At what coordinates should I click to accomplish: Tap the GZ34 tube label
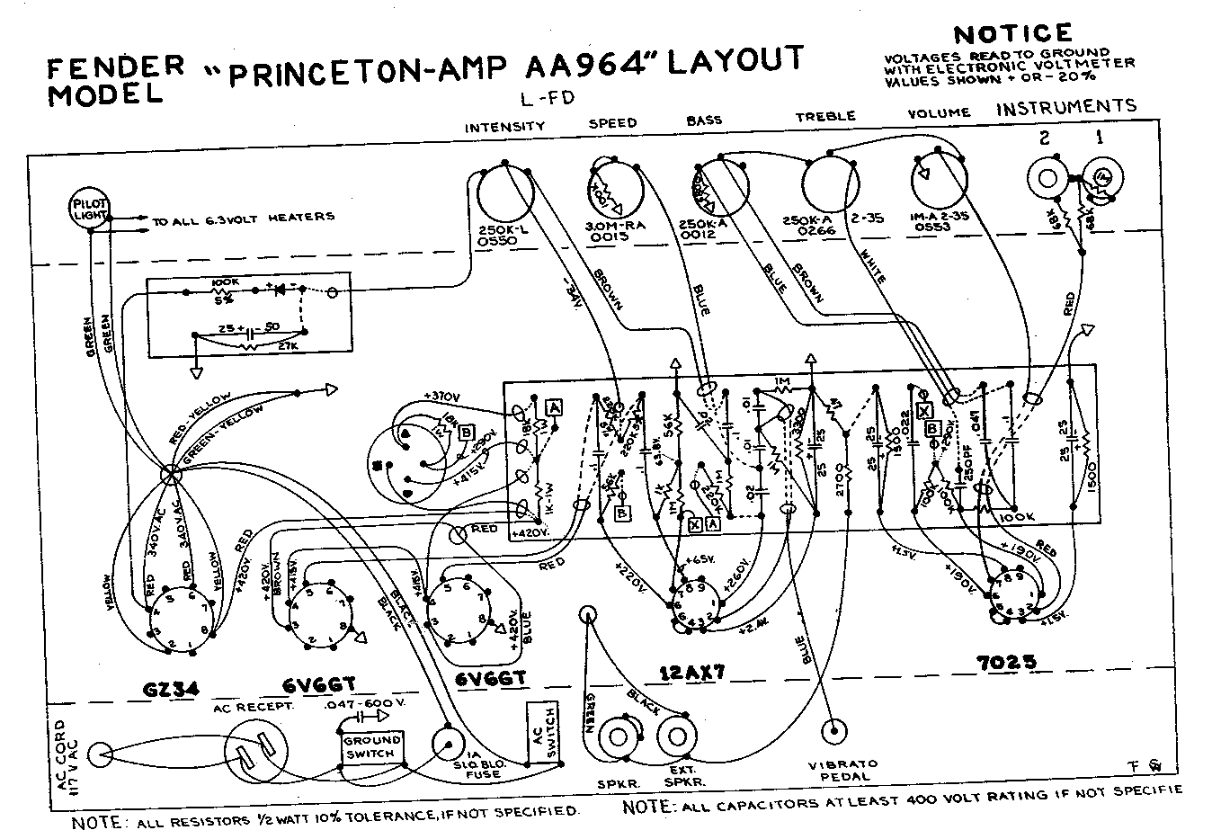(x=171, y=688)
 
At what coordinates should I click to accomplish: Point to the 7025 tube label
(x=1005, y=663)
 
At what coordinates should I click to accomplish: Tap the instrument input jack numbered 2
(x=1046, y=176)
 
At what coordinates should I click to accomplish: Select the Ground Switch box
(x=371, y=746)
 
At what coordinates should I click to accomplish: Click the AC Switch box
(x=540, y=732)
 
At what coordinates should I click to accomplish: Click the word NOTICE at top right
(x=1012, y=34)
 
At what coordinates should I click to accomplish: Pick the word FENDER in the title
(x=114, y=67)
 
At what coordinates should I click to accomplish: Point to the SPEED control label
(x=612, y=122)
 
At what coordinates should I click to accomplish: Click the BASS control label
(x=704, y=120)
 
